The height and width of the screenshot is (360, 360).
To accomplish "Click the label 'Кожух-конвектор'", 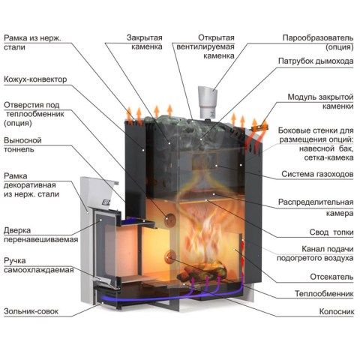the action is (x=35, y=79).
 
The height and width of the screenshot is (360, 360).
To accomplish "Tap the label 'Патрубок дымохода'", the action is (x=316, y=61).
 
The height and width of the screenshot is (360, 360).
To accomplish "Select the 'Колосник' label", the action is (x=337, y=311).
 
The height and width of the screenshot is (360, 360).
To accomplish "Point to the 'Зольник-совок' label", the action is (x=31, y=311).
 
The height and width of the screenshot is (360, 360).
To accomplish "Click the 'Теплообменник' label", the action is (x=324, y=293).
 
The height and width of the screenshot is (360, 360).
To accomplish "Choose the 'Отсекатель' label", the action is (x=331, y=277).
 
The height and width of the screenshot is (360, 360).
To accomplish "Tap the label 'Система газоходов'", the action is (x=317, y=174).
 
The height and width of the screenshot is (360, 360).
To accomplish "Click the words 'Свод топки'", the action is (x=331, y=232).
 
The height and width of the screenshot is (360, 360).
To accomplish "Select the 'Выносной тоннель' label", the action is (x=22, y=145).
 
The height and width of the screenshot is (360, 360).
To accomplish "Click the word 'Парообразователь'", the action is (x=318, y=37).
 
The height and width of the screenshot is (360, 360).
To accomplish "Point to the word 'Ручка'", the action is (x=15, y=261).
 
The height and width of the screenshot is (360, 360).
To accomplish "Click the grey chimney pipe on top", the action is (x=208, y=102).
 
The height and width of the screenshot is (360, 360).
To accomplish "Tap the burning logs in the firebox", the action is (x=202, y=271).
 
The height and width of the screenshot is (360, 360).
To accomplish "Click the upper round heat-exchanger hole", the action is (x=170, y=219).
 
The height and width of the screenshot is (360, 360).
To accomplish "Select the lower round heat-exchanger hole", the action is (x=170, y=257).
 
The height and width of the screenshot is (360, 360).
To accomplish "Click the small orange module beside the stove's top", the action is (x=260, y=128).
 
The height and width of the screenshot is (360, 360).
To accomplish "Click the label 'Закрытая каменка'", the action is (x=145, y=42).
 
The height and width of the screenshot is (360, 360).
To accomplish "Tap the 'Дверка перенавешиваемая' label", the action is (x=40, y=235).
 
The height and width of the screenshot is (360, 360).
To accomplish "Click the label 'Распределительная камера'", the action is (x=316, y=208).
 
